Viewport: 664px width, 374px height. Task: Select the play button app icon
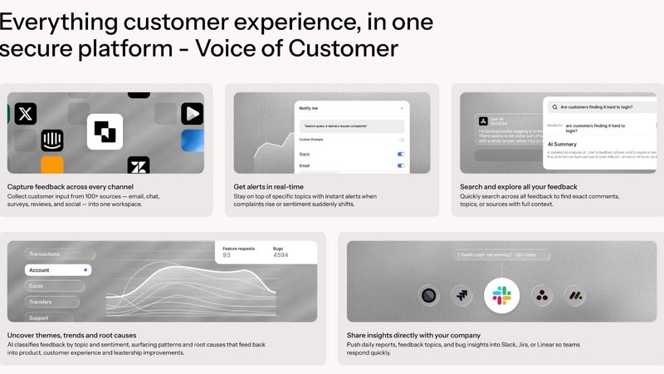[193, 114]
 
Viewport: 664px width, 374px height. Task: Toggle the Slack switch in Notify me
[401, 154]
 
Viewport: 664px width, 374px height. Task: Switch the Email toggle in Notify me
[401, 165]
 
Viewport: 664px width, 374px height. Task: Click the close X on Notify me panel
[402, 108]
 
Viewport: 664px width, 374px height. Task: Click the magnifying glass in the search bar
[553, 107]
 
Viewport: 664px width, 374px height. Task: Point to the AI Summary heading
[562, 143]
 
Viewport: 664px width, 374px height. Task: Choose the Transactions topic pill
[50, 254]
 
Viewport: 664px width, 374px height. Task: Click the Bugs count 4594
[282, 256]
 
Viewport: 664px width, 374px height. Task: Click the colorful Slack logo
[501, 294]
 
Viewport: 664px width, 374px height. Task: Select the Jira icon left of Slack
[462, 294]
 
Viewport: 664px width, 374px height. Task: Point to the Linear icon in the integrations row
[430, 294]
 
